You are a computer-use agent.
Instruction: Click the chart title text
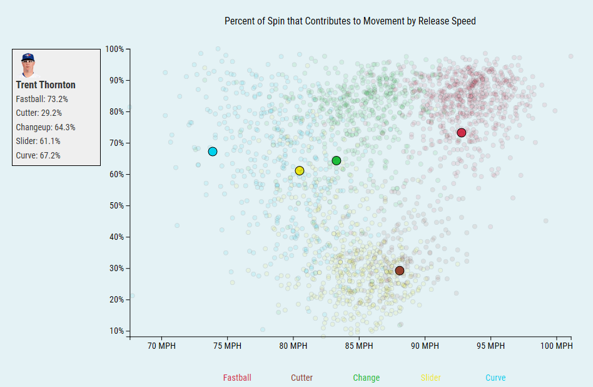click(350, 21)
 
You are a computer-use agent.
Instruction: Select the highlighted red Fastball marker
click(462, 133)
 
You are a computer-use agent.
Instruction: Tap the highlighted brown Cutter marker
click(400, 271)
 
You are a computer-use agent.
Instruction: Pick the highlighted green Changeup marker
click(337, 161)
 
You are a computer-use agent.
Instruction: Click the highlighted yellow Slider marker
click(300, 171)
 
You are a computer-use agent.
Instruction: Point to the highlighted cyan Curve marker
click(213, 152)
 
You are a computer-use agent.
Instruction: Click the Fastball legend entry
click(237, 378)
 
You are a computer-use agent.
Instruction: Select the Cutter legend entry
click(302, 378)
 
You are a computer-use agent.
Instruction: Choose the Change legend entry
click(366, 378)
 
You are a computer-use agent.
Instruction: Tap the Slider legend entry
click(430, 378)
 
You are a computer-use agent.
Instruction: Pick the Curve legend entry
click(495, 378)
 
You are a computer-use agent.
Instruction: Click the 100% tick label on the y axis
click(114, 49)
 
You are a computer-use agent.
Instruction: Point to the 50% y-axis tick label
click(116, 205)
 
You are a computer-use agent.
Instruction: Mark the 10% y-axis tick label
click(116, 331)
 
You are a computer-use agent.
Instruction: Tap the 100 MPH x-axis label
click(555, 346)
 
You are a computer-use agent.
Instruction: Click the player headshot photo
click(28, 65)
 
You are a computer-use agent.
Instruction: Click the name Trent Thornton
click(46, 85)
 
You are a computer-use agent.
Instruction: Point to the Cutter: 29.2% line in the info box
click(39, 113)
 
